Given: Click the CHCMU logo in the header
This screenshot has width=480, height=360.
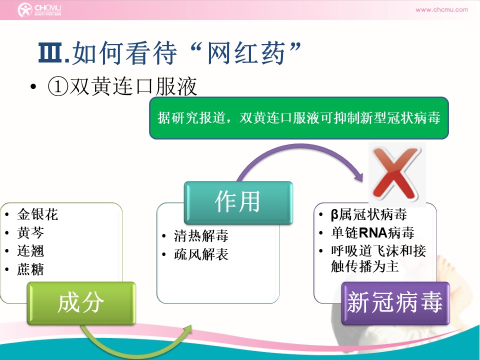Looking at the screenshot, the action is (x=39, y=9).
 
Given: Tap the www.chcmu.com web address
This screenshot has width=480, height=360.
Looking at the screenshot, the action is (x=441, y=9).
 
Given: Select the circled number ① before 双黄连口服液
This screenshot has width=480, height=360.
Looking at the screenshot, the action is (x=58, y=86).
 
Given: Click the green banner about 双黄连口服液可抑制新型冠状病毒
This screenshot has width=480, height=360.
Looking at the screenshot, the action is (x=299, y=118).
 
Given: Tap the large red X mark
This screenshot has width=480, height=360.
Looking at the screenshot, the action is (x=396, y=173).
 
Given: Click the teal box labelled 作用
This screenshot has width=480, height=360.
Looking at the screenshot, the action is (x=238, y=202).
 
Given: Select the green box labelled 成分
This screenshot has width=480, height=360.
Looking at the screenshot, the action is (x=81, y=303).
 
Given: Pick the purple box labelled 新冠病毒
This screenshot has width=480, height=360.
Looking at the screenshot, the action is (x=395, y=303).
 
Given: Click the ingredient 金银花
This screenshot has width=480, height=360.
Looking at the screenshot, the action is (x=37, y=214).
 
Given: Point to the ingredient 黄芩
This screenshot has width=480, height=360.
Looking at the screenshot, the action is (x=30, y=232).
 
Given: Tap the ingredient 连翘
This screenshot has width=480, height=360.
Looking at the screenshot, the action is (x=30, y=251).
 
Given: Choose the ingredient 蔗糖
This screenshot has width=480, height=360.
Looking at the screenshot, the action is (x=30, y=269).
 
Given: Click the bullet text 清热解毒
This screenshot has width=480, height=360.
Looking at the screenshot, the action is (x=201, y=236).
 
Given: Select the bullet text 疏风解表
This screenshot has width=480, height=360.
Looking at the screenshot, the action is (x=201, y=254).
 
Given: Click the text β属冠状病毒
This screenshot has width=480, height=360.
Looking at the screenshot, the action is (x=369, y=214).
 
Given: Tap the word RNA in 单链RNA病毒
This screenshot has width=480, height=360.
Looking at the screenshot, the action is (x=373, y=232).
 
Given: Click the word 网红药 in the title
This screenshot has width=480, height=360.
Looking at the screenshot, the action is (x=246, y=53).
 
